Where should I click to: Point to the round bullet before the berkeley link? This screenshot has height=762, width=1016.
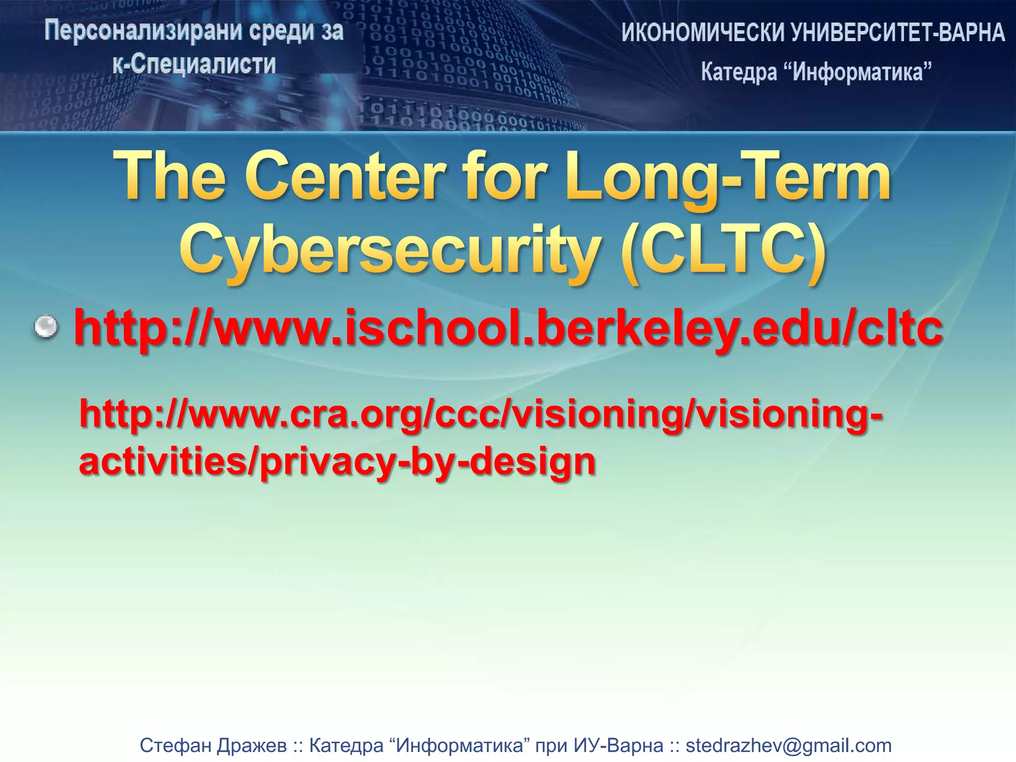click(x=46, y=327)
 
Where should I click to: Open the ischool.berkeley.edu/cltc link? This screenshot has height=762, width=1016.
click(x=508, y=327)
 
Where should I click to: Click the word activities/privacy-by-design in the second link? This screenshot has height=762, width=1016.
click(x=337, y=461)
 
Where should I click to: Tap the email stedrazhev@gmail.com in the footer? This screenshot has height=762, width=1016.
click(x=788, y=745)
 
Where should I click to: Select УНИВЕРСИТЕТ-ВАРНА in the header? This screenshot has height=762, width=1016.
click(x=898, y=33)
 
